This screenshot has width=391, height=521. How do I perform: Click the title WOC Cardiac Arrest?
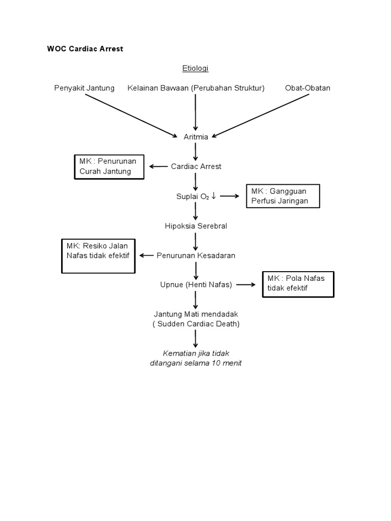[x=85, y=49]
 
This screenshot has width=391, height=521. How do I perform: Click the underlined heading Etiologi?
[x=195, y=68]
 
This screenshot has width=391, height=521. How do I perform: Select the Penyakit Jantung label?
[x=85, y=88]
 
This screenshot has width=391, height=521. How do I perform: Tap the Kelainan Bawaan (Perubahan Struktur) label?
[x=196, y=88]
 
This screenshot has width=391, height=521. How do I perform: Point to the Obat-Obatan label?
[x=308, y=88]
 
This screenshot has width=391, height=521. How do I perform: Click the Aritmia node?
[x=195, y=136]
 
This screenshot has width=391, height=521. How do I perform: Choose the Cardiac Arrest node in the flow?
[x=196, y=166]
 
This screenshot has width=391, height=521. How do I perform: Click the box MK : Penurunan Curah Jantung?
[x=108, y=166]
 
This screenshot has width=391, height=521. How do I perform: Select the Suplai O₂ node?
[x=195, y=196]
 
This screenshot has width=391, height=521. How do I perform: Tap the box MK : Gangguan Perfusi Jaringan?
[x=283, y=196]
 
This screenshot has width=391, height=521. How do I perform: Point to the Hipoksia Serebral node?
[x=196, y=226]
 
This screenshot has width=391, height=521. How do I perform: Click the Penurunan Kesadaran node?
[x=196, y=255]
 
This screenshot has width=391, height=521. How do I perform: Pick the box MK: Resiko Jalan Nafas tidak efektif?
[x=99, y=251]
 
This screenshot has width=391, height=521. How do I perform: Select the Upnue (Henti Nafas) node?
[x=196, y=285]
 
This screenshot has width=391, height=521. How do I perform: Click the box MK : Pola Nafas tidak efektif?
[x=298, y=283]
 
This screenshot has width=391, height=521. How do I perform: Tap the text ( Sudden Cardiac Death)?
[x=196, y=324]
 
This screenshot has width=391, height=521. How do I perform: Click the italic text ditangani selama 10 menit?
[x=196, y=363]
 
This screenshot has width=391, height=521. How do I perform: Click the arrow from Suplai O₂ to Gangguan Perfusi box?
[x=230, y=196]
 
